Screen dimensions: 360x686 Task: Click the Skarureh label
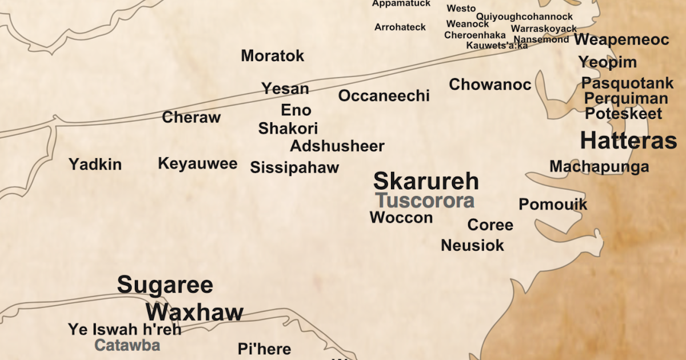[426, 181]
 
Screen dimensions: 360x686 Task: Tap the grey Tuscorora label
[425, 201]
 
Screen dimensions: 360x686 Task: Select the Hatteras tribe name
[628, 141]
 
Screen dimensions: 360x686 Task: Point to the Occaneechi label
[384, 95]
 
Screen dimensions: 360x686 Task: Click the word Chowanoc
[490, 85]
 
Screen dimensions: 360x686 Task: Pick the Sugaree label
[165, 285]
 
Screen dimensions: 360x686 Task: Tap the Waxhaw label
[194, 312]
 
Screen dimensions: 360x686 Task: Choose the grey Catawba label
[127, 345]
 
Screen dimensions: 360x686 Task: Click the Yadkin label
[95, 165]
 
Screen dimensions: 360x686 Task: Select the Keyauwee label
[197, 164]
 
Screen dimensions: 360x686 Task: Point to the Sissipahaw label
[294, 167]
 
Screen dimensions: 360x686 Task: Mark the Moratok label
[272, 56]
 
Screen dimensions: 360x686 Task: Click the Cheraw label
[191, 118]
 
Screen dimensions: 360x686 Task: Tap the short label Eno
[296, 110]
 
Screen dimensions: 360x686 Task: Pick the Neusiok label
[472, 245]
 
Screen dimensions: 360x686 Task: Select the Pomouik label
[553, 204]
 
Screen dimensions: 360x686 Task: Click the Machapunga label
[599, 166]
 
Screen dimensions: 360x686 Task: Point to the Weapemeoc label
[621, 39]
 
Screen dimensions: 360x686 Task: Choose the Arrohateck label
[400, 27]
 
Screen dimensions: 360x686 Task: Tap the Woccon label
[401, 217]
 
